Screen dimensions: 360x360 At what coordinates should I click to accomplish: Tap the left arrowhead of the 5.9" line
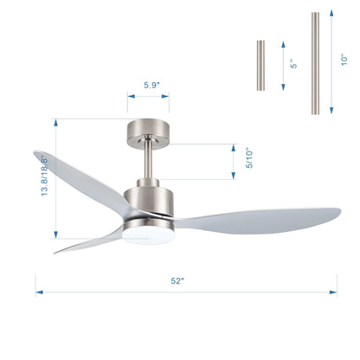(x=130, y=99)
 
